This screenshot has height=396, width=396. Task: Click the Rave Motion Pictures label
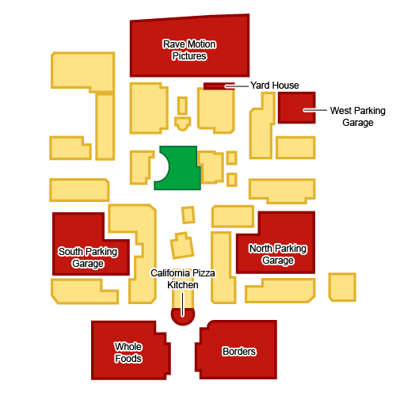[189, 50]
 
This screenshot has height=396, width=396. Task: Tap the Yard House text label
[275, 86]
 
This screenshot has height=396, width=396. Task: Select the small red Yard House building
[219, 86]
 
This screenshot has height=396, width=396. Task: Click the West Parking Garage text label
[358, 116]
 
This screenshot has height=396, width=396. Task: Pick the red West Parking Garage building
[297, 108]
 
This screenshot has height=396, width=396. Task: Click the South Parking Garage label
[88, 257]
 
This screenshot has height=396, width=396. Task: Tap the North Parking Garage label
[278, 254]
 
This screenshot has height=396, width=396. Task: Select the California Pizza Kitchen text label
[183, 279]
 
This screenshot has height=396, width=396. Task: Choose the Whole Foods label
[128, 352]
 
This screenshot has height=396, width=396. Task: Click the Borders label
[239, 352]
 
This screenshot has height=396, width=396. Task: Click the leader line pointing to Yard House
[237, 86]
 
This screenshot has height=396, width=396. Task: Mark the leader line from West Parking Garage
[315, 110]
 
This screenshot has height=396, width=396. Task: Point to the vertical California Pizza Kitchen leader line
[182, 304]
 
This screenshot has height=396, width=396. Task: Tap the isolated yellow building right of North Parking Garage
[342, 287]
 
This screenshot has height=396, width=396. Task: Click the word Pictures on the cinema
[189, 56]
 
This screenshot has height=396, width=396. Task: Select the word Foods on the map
[128, 359]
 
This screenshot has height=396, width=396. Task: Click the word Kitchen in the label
[183, 285]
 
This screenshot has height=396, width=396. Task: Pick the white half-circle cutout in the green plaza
[162, 167]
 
